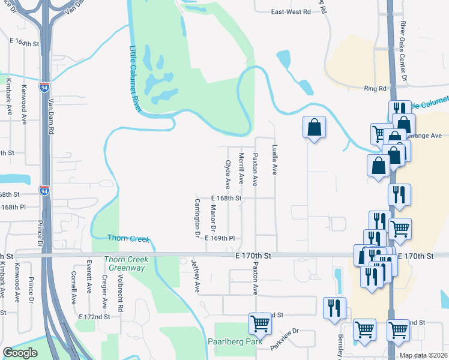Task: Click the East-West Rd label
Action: (x=291, y=11)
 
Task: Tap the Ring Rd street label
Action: (x=374, y=88)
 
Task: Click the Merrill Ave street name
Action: (x=241, y=168)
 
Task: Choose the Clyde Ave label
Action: (x=228, y=173)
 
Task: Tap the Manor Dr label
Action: (x=212, y=218)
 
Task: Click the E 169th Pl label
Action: (x=219, y=238)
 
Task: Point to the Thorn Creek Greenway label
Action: (x=125, y=263)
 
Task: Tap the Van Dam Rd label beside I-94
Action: (x=52, y=116)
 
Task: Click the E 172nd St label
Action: (x=94, y=316)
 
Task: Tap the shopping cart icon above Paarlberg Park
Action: (x=261, y=323)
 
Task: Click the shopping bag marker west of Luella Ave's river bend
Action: (x=314, y=127)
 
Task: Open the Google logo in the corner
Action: (x=20, y=353)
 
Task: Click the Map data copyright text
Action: (x=424, y=355)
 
